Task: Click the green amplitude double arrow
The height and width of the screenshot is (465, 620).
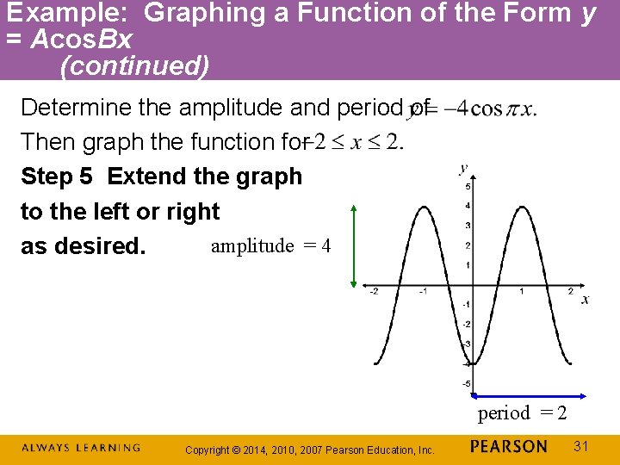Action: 353,245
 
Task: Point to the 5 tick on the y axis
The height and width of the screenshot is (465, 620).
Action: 468,187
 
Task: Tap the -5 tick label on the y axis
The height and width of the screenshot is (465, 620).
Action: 467,383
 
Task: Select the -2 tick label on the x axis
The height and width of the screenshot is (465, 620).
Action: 374,292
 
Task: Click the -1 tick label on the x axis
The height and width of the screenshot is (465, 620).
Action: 423,292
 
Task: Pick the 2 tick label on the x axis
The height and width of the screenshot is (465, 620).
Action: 570,292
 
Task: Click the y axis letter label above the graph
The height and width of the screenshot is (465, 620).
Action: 464,168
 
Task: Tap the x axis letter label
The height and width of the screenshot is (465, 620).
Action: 586,300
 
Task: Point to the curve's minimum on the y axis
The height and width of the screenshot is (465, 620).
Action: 473,365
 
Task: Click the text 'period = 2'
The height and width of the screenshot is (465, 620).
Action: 522,413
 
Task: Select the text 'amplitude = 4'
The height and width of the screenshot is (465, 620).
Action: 270,246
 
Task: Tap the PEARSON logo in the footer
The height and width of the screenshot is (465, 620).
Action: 509,446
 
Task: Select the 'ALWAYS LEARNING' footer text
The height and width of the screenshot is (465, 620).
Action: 80,448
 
